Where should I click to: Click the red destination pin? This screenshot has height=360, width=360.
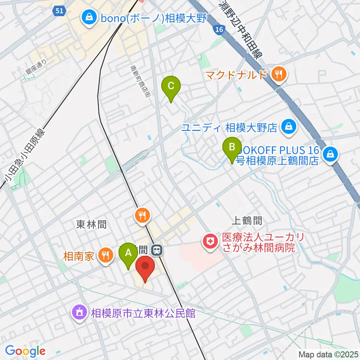click(145, 267)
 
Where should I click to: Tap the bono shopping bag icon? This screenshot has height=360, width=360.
click(89, 17)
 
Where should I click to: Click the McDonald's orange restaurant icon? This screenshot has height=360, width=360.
click(278, 75)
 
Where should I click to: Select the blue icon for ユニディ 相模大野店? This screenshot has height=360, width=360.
click(289, 127)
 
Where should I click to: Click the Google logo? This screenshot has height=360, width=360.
click(25, 351)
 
